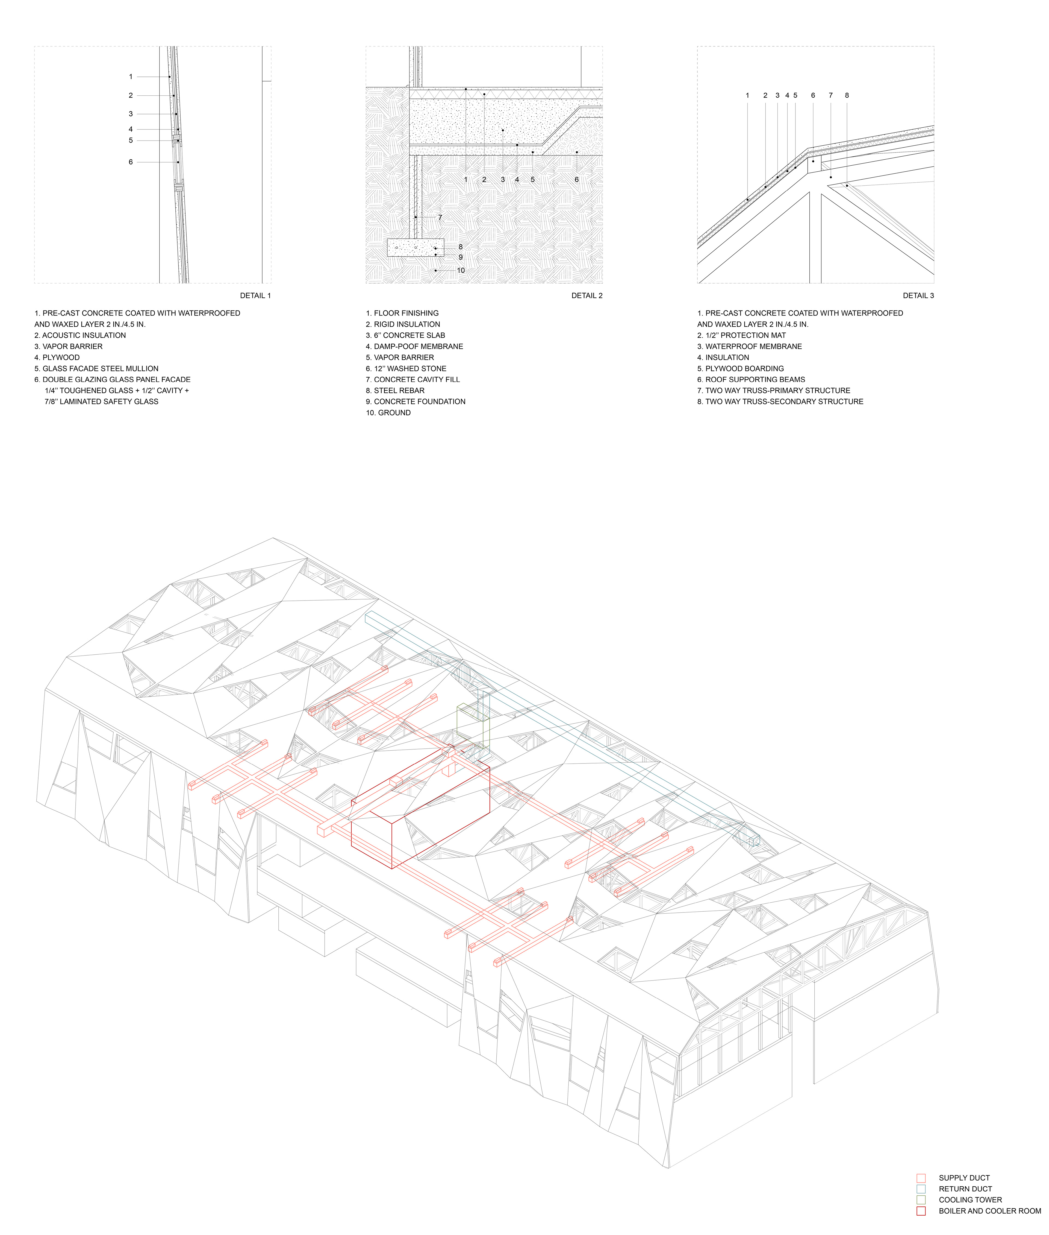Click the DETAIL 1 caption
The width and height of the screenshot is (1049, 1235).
pyautogui.click(x=255, y=296)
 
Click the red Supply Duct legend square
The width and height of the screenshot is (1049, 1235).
pyautogui.click(x=921, y=1178)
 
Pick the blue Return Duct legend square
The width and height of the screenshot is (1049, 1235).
pyautogui.click(x=921, y=1189)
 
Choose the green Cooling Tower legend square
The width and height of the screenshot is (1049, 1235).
pyautogui.click(x=921, y=1200)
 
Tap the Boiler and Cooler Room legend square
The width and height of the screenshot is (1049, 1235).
pyautogui.click(x=921, y=1211)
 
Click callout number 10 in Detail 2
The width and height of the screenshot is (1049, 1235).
pyautogui.click(x=461, y=271)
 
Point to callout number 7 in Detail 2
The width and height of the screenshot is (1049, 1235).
pyautogui.click(x=440, y=218)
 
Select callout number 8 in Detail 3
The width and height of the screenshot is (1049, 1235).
pyautogui.click(x=847, y=95)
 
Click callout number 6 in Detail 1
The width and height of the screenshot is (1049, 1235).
pyautogui.click(x=131, y=162)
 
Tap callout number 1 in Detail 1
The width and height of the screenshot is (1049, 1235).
pyautogui.click(x=131, y=77)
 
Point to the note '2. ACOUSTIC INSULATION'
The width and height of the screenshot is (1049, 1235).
pyautogui.click(x=80, y=335)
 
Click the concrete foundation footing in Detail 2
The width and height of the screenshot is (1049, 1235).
pyautogui.click(x=415, y=247)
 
